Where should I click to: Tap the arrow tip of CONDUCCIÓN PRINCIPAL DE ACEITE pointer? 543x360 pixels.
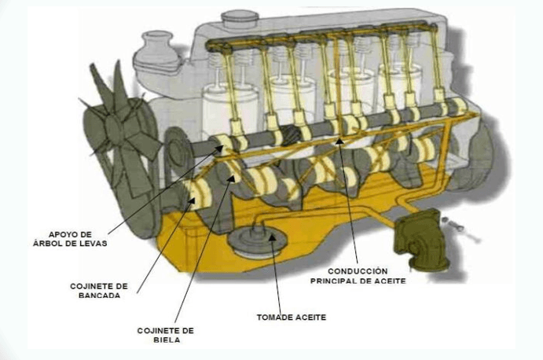point(339,140)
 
